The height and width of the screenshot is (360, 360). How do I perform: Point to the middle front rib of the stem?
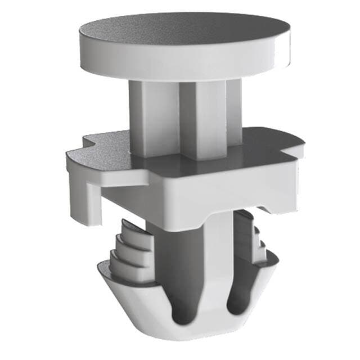point(197,121)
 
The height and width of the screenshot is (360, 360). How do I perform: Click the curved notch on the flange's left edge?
point(84,147)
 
